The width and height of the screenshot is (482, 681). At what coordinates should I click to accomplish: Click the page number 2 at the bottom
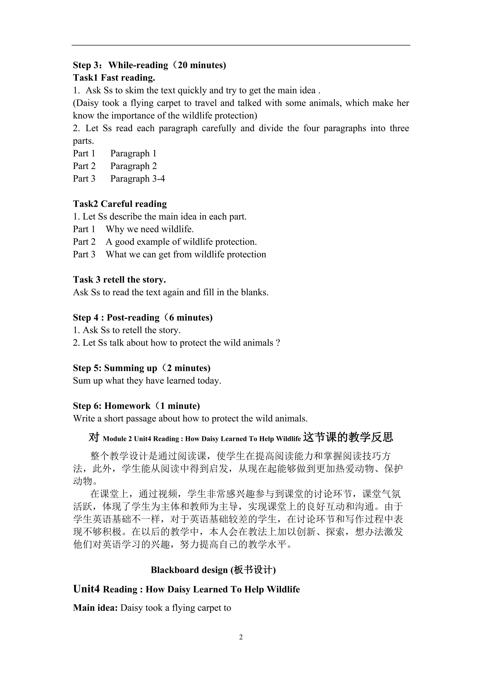[241, 637]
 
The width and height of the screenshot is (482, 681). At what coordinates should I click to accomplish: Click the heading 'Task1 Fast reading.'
[114, 78]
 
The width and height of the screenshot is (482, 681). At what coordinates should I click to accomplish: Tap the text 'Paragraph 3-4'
[137, 179]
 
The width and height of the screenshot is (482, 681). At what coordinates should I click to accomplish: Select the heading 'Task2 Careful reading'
[120, 204]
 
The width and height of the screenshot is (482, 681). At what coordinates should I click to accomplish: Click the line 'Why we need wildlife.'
[150, 229]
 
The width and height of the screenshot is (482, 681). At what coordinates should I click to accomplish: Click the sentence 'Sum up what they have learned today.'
[147, 380]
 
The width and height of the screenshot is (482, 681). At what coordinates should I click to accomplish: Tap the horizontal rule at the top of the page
[241, 45]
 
